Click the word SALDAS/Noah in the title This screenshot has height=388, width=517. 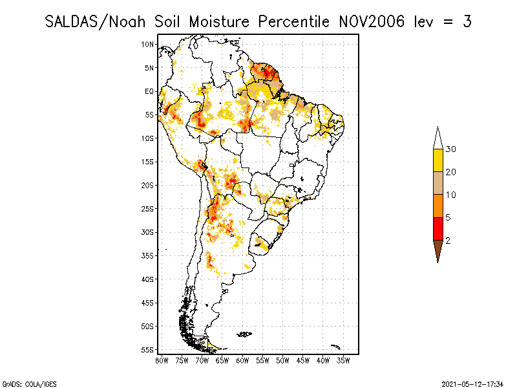(x=95, y=22)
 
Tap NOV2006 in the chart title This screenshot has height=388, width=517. (x=371, y=22)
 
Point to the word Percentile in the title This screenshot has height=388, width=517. (x=293, y=22)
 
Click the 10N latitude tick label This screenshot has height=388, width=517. (x=147, y=44)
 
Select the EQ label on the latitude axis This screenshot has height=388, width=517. (x=149, y=91)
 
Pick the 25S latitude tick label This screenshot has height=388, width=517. (x=147, y=209)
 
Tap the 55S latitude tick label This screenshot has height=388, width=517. (x=147, y=350)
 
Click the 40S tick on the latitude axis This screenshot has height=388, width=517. (x=147, y=279)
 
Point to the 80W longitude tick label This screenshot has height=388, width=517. (x=162, y=361)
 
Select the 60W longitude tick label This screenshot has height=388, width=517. (x=242, y=361)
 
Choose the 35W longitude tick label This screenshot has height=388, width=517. (x=343, y=361)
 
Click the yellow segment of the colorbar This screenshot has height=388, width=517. (x=438, y=160)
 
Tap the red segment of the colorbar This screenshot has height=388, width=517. (x=438, y=229)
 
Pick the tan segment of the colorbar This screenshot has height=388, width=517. (x=438, y=183)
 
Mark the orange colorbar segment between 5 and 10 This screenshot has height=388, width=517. (x=438, y=206)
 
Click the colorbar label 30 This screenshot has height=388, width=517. (x=450, y=149)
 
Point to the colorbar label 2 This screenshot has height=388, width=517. (x=448, y=241)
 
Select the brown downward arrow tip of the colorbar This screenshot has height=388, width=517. (x=438, y=263)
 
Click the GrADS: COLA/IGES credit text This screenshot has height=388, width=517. (x=30, y=384)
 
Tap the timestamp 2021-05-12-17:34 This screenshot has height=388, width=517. (x=472, y=384)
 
